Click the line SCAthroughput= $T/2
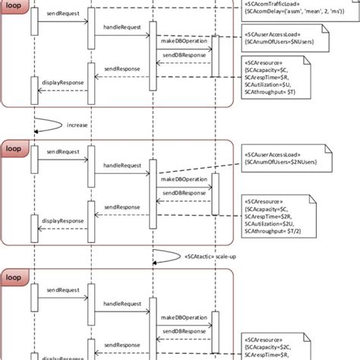tap(272, 232)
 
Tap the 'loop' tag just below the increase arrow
tap(14, 150)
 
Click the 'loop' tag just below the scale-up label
tap(14, 278)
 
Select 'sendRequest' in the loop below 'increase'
tap(62, 153)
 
